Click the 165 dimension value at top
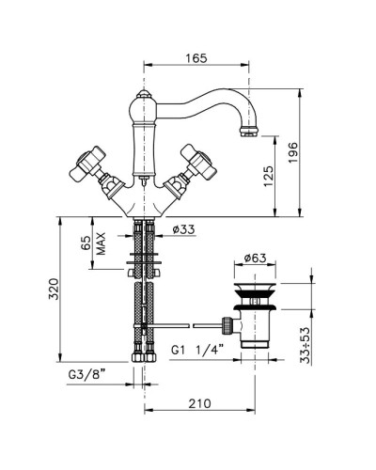click(x=196, y=58)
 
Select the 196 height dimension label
click(x=292, y=152)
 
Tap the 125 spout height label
click(x=269, y=176)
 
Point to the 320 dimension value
click(x=54, y=289)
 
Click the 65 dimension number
click(x=86, y=243)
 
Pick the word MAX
click(x=101, y=243)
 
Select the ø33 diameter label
click(x=183, y=229)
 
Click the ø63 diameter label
click(x=255, y=258)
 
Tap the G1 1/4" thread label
click(x=197, y=350)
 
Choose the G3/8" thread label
click(x=86, y=374)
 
